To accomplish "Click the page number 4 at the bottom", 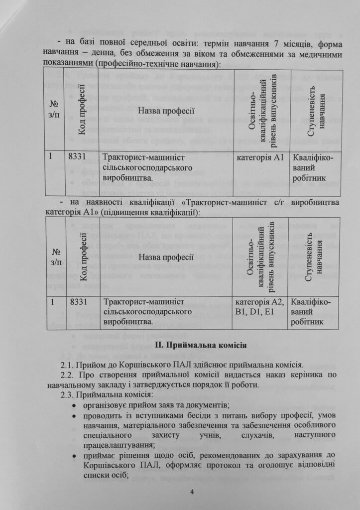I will pyautogui.click(x=192, y=493).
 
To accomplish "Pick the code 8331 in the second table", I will pyautogui.click(x=79, y=302).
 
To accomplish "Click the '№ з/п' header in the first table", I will pyautogui.click(x=54, y=110).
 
